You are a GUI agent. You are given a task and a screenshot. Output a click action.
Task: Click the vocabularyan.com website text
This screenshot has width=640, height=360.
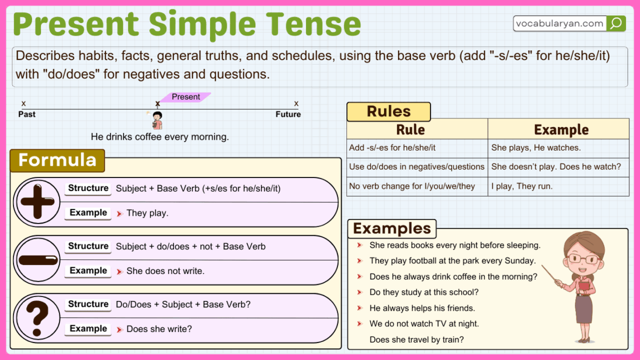[x=560, y=24]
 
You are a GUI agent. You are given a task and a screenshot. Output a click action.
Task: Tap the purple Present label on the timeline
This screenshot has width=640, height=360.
[x=185, y=97]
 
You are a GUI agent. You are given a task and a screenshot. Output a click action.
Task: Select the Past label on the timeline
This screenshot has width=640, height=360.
[x=26, y=114]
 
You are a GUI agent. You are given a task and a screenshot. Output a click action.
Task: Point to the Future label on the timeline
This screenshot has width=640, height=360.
[x=288, y=114]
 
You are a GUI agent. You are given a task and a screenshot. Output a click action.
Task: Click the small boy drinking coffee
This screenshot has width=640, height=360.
[x=157, y=120]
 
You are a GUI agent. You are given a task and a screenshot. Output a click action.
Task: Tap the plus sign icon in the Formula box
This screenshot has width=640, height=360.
[x=38, y=200]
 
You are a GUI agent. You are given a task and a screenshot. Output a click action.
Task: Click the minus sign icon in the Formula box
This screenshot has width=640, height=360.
[x=38, y=259]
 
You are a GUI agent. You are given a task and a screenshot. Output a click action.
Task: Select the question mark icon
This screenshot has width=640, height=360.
[x=38, y=317]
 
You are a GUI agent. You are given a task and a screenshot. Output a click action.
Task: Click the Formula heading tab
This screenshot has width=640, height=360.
[x=57, y=161]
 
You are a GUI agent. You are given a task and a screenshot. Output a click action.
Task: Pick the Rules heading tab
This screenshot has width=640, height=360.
[x=388, y=112]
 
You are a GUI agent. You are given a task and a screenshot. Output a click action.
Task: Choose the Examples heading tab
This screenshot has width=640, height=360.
[x=392, y=229]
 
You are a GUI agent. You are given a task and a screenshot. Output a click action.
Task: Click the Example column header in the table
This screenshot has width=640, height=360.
[x=561, y=130]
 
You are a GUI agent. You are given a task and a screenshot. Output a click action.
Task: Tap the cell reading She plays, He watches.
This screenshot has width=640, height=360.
[x=536, y=148]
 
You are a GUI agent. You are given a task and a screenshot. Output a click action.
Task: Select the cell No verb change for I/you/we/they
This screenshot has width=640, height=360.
[x=412, y=186]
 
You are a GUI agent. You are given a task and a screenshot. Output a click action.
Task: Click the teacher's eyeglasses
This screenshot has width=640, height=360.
[x=583, y=259]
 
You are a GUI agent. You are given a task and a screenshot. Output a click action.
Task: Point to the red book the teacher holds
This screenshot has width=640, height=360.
[x=584, y=288]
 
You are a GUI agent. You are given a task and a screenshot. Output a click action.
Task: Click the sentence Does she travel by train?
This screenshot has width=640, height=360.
[x=417, y=339]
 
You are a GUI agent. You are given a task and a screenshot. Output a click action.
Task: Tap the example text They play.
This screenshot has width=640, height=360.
[x=147, y=213]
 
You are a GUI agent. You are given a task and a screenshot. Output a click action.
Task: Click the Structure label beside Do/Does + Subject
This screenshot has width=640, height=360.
[x=88, y=304]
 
